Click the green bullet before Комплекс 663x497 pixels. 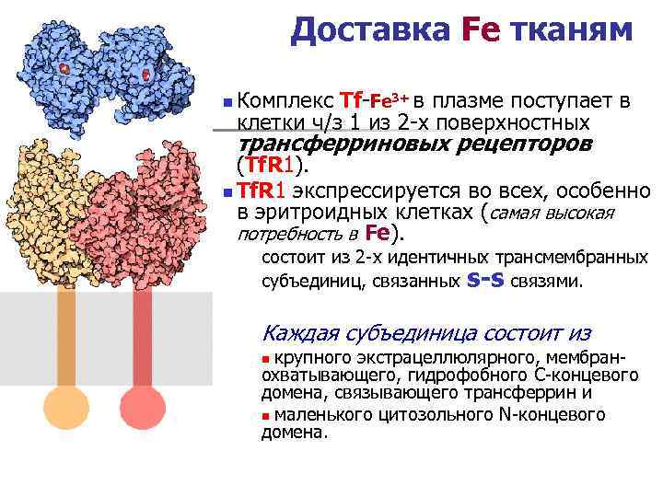point(227,99)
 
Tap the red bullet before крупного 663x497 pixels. point(266,357)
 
